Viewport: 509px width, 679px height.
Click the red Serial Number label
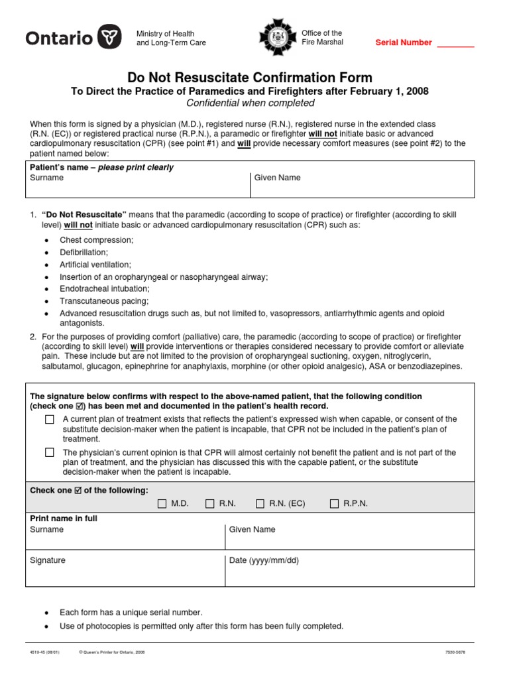pyautogui.click(x=404, y=42)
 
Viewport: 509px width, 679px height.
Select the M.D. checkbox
pyautogui.click(x=162, y=503)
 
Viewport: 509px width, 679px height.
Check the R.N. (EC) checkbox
pyautogui.click(x=260, y=503)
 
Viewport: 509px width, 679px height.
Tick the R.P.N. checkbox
pyautogui.click(x=334, y=503)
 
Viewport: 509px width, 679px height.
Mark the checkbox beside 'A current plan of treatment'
pyautogui.click(x=50, y=419)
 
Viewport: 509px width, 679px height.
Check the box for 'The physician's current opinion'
pyautogui.click(x=50, y=452)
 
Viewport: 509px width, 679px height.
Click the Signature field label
pyautogui.click(x=48, y=560)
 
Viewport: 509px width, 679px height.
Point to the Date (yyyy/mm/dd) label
pyautogui.click(x=264, y=560)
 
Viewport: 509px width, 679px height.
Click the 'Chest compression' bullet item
pyautogui.click(x=96, y=240)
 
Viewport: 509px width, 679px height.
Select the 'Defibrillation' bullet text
pyautogui.click(x=84, y=252)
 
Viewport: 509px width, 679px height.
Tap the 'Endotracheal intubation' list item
pyautogui.click(x=105, y=289)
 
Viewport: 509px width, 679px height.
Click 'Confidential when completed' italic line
pyautogui.click(x=250, y=103)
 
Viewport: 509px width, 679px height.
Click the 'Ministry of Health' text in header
pyautogui.click(x=165, y=34)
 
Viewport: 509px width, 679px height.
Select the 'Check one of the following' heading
pyautogui.click(x=89, y=490)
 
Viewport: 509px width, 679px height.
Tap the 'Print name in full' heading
pyautogui.click(x=64, y=518)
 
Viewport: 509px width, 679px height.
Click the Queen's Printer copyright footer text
pyautogui.click(x=111, y=652)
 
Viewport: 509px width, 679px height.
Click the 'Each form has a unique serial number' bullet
pyautogui.click(x=131, y=612)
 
